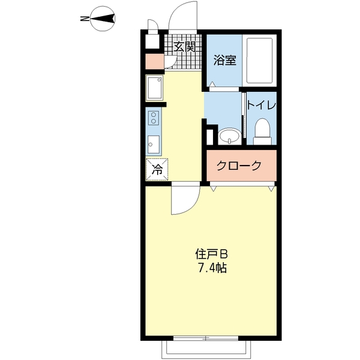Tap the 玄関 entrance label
pyautogui.click(x=185, y=46)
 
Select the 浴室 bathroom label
pyautogui.click(x=225, y=60)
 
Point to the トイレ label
pyautogui.click(x=261, y=105)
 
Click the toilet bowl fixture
pyautogui.click(x=262, y=131)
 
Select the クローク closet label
pyautogui.click(x=239, y=166)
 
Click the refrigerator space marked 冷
pyautogui.click(x=157, y=170)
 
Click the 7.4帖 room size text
pyautogui.click(x=211, y=268)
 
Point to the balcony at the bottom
pyautogui.click(x=206, y=348)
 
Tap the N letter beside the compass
pyautogui.click(x=83, y=19)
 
